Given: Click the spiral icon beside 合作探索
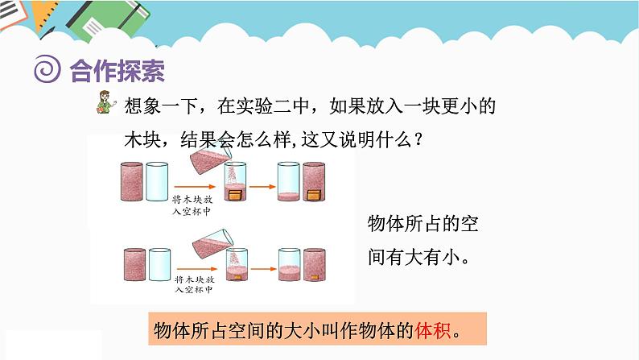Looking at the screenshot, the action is [47, 70].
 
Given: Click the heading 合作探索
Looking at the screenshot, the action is [117, 71].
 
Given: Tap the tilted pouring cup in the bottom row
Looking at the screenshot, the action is [208, 242].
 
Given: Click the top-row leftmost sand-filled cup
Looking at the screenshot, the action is [130, 183].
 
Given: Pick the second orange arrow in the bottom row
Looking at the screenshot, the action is [261, 265].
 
